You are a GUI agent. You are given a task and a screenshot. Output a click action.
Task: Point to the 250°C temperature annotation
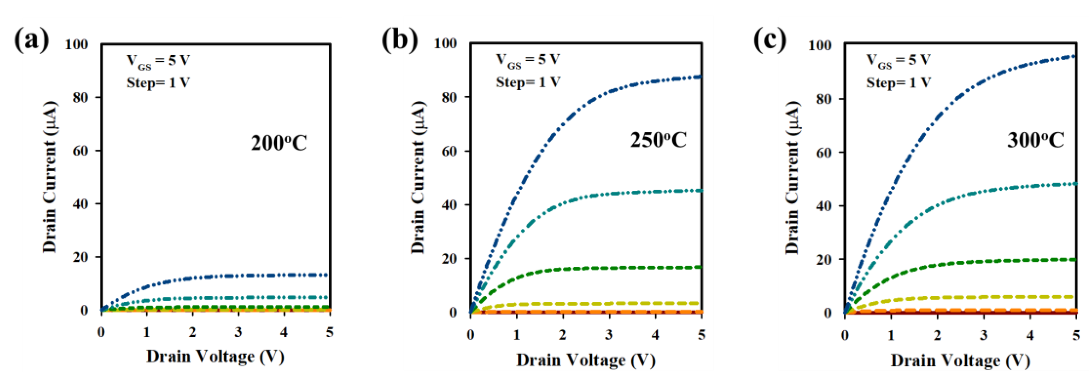(x=658, y=140)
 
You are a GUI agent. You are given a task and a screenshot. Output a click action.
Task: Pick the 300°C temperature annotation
(x=1035, y=140)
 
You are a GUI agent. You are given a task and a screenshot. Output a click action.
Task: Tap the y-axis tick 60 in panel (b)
(x=449, y=151)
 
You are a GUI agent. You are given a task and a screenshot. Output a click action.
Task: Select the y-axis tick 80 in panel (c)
(x=824, y=99)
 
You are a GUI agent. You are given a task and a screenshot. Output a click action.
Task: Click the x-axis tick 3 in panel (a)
(x=238, y=332)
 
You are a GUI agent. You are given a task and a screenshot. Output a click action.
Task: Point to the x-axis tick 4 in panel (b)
(x=655, y=335)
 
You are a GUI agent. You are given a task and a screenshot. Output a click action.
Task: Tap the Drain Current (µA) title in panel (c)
(x=792, y=178)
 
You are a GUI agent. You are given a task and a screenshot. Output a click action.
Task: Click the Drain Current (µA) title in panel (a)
(x=49, y=177)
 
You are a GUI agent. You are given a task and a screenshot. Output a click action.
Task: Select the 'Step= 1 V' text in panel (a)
(x=158, y=83)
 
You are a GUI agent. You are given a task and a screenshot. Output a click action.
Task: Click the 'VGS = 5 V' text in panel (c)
(x=898, y=60)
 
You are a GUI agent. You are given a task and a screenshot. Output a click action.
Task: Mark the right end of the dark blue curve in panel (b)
(x=700, y=77)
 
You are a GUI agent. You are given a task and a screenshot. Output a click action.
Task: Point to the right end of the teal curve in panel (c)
(x=1075, y=184)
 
